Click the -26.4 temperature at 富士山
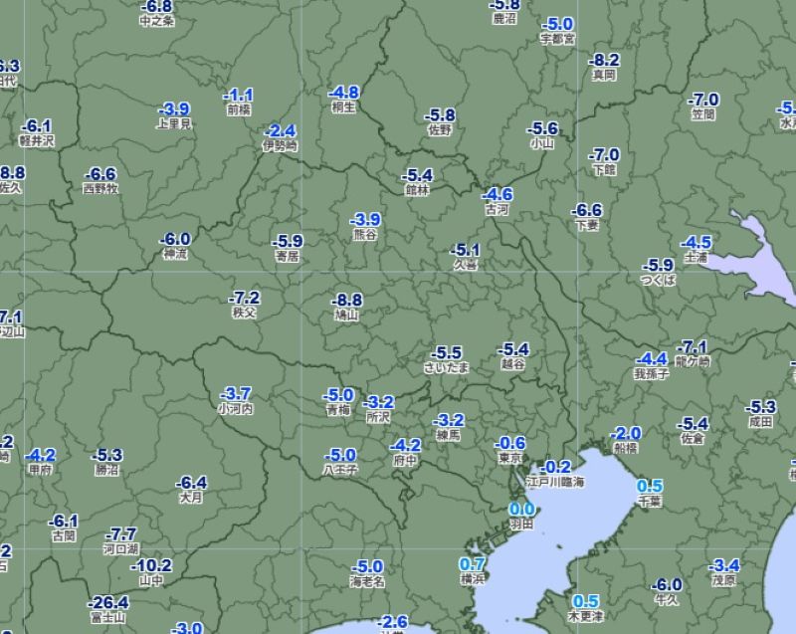[107, 602]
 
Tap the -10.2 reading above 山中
[151, 565]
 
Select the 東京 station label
[510, 458]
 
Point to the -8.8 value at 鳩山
[347, 300]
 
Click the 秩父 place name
[244, 313]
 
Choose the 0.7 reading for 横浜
[472, 563]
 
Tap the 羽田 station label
[521, 524]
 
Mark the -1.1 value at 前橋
[239, 94]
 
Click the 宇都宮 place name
[557, 39]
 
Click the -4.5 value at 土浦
[696, 242]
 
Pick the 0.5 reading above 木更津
[586, 601]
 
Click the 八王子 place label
[339, 469]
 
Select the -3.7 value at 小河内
[235, 393]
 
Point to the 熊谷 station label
[365, 234]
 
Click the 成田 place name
[760, 421]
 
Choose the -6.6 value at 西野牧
[100, 173]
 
